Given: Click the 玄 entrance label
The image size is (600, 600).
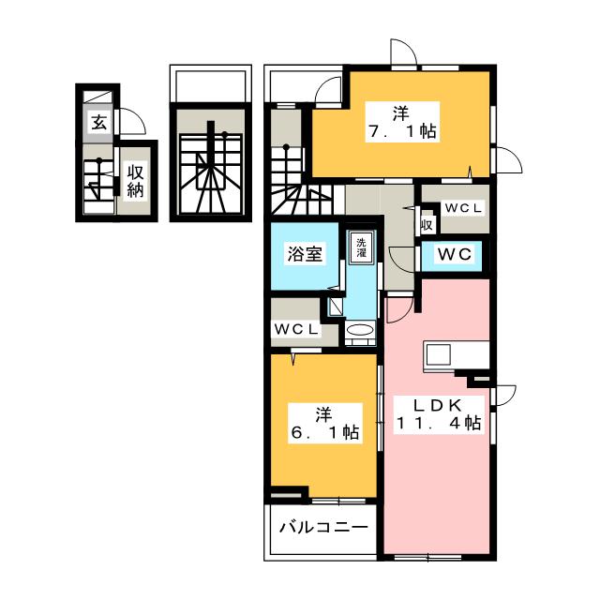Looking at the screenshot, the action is click(x=98, y=123).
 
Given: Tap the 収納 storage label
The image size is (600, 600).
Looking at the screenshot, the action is click(x=135, y=181).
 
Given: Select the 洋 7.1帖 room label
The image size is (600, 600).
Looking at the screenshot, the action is click(x=402, y=122).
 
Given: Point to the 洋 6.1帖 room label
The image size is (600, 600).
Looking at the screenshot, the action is click(x=325, y=423).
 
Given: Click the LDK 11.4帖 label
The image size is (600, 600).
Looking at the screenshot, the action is click(x=439, y=414).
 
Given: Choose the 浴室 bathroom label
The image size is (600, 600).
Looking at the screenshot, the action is click(x=305, y=254).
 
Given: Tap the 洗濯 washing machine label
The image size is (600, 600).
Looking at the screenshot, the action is click(x=361, y=247).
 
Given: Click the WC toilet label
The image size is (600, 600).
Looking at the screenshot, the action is click(x=454, y=254).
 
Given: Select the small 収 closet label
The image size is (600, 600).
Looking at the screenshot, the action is click(x=427, y=225).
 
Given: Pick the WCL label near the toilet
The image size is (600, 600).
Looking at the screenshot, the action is click(x=463, y=208).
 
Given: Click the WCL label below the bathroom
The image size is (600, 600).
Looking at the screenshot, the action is click(x=296, y=329).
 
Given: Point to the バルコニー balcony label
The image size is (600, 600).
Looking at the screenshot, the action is click(x=323, y=528).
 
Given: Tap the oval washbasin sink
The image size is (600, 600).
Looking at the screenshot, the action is click(x=360, y=329).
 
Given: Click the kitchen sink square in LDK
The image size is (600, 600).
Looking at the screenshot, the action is click(x=438, y=354).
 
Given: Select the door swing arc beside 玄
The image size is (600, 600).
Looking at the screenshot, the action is click(x=133, y=121).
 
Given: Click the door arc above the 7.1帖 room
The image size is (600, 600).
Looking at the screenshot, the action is click(x=404, y=52).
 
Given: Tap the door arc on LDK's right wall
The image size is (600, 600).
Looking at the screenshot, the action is click(x=506, y=396).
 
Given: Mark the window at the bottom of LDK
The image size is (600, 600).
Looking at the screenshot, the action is click(x=427, y=558).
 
